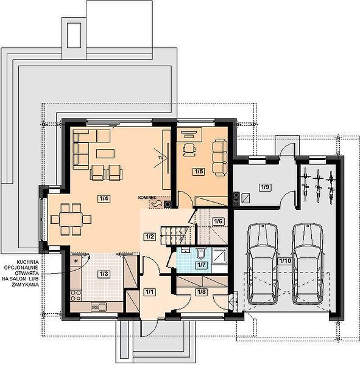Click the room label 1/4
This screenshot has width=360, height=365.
[104, 198]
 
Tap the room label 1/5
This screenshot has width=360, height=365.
[199, 172]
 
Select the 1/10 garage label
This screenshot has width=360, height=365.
[285, 261]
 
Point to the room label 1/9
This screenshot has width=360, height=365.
[266, 187]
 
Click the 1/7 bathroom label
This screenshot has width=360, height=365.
[201, 265]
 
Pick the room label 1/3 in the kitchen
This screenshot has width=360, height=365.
[104, 274]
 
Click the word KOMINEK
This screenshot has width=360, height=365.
[147, 198]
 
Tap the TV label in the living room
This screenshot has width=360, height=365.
[160, 158]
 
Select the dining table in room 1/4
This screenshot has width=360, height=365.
[71, 219]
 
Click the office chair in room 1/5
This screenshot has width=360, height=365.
[189, 149]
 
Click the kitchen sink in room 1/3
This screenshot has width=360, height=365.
[99, 307]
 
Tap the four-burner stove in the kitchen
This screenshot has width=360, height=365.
[76, 296]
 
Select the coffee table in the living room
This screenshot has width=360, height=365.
[105, 154]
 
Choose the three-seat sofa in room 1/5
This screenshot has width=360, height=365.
[220, 158]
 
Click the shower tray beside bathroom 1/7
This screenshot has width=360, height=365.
[219, 255]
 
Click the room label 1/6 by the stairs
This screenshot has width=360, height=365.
[218, 221]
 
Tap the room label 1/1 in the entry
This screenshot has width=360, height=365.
[149, 292]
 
